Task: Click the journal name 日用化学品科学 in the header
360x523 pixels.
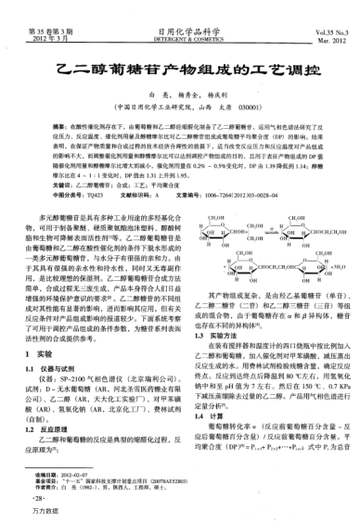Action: [180, 6]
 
